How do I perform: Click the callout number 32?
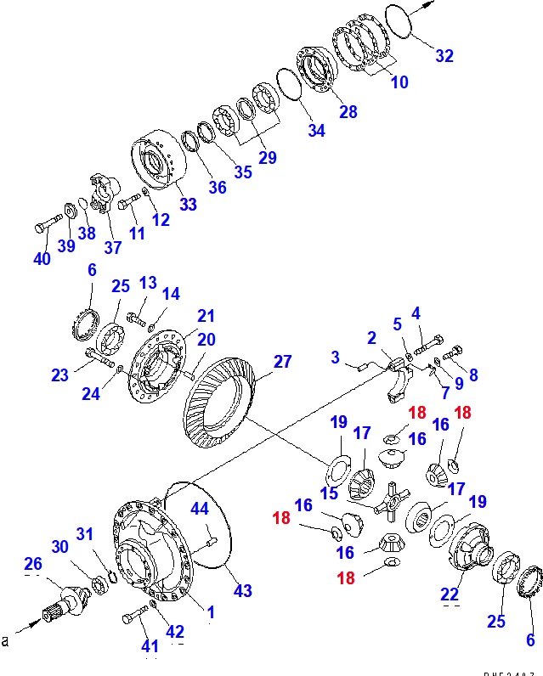tap(444, 56)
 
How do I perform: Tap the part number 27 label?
tap(280, 363)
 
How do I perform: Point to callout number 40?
tap(42, 259)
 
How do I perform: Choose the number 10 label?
tap(399, 82)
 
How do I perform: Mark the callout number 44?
tap(199, 509)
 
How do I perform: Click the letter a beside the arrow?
tap(5, 641)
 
